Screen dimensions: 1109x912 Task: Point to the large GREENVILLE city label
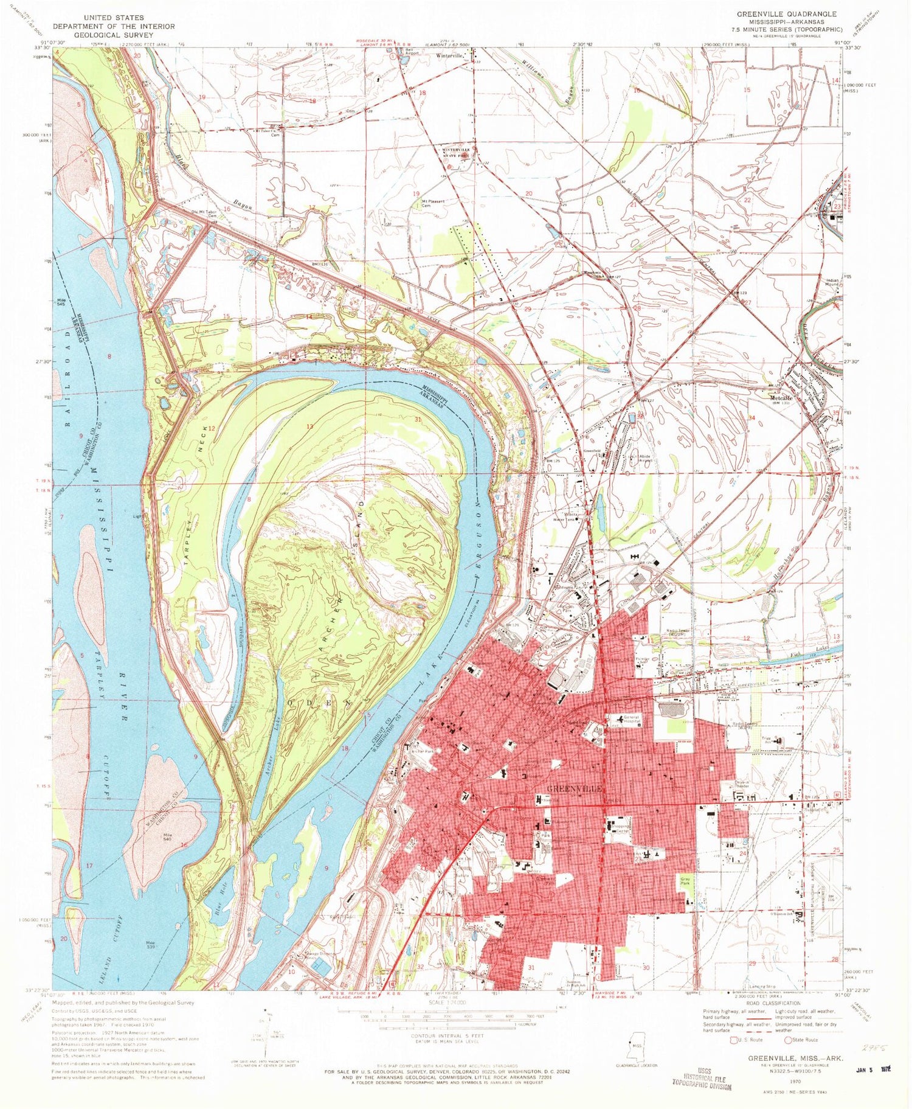point(575,788)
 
